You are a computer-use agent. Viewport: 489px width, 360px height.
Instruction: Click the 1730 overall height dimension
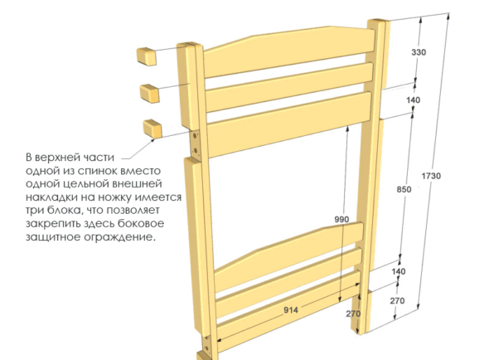[x=431, y=176]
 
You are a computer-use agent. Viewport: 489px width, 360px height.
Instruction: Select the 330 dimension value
[x=419, y=52]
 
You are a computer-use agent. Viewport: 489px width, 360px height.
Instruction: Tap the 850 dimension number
[x=404, y=189]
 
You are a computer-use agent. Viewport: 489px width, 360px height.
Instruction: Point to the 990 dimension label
[x=341, y=220]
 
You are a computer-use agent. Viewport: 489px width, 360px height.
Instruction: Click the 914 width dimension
[x=291, y=310]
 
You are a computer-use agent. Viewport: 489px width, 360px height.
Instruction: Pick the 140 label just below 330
[x=414, y=100]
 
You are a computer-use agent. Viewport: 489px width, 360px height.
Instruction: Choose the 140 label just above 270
[x=399, y=271]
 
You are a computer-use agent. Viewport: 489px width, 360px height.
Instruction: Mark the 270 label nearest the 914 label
[x=353, y=314]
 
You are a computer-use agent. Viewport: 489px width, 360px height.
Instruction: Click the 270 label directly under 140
[x=397, y=300]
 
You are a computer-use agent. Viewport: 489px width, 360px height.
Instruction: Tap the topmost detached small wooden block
[x=146, y=56]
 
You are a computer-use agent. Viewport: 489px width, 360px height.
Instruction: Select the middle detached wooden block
[x=150, y=93]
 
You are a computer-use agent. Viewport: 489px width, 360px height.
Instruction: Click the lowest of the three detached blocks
[x=153, y=129]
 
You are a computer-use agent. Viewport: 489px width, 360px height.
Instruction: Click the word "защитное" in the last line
[x=53, y=237]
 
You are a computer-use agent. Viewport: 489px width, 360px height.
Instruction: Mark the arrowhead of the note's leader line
[x=153, y=139]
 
